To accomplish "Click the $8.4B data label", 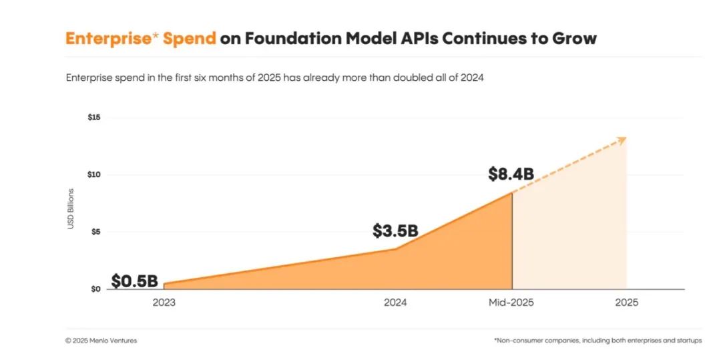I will tap(511, 174).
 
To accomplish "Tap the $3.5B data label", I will tap(395, 231).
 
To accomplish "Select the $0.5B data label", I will tap(134, 281).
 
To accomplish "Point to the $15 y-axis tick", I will tap(93, 118).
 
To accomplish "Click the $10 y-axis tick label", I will tap(93, 175).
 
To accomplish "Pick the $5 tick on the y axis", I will tap(95, 232).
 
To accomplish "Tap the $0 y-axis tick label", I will tap(95, 289).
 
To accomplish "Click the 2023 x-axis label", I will tap(164, 303).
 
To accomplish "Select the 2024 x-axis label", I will tap(395, 303).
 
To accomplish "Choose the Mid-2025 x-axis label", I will tap(511, 303).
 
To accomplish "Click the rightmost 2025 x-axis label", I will tap(626, 303).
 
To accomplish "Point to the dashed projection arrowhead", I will tap(622, 140).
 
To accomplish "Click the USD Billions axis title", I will tap(71, 209).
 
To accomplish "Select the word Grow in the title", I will tap(574, 38).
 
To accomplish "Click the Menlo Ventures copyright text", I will tap(101, 341).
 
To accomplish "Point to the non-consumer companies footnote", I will tap(597, 341).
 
